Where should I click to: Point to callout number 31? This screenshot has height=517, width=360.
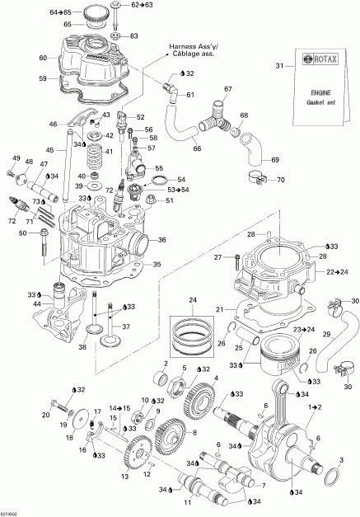coord(279,66)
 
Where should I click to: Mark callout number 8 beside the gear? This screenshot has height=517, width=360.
coord(194,431)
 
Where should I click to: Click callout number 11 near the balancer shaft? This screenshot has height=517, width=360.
coord(189,501)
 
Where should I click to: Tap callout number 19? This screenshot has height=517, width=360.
coord(60,424)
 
